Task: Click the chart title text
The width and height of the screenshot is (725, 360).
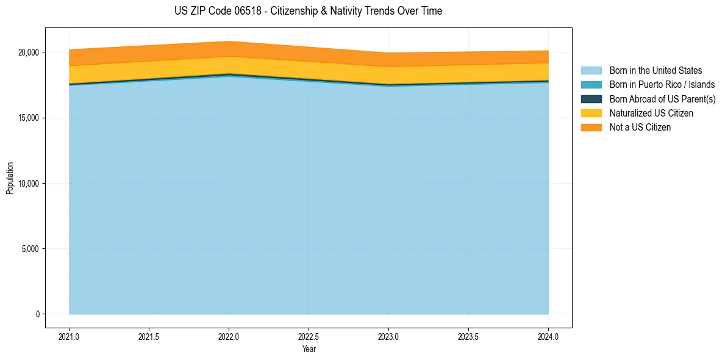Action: click(308, 11)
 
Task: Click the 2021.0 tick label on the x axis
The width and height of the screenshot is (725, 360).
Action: click(70, 336)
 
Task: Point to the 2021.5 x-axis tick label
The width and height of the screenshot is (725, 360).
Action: click(149, 336)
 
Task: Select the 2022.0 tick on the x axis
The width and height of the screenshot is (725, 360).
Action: click(229, 336)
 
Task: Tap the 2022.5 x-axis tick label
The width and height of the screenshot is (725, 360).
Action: click(309, 336)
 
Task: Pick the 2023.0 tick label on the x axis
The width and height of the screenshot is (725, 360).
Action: click(388, 336)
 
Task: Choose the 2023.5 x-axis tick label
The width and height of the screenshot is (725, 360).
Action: click(468, 336)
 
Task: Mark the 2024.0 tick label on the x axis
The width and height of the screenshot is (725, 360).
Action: click(548, 336)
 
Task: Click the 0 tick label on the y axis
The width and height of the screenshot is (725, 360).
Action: click(37, 314)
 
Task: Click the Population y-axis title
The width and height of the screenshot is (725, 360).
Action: click(10, 178)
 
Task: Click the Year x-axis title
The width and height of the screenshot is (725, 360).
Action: click(309, 349)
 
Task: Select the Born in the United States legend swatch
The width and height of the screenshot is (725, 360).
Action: click(591, 71)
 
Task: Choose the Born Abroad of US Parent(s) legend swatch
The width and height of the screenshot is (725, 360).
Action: click(591, 99)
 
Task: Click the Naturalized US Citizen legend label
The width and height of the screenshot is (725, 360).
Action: click(651, 113)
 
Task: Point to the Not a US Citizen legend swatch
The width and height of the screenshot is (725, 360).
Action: click(591, 128)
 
